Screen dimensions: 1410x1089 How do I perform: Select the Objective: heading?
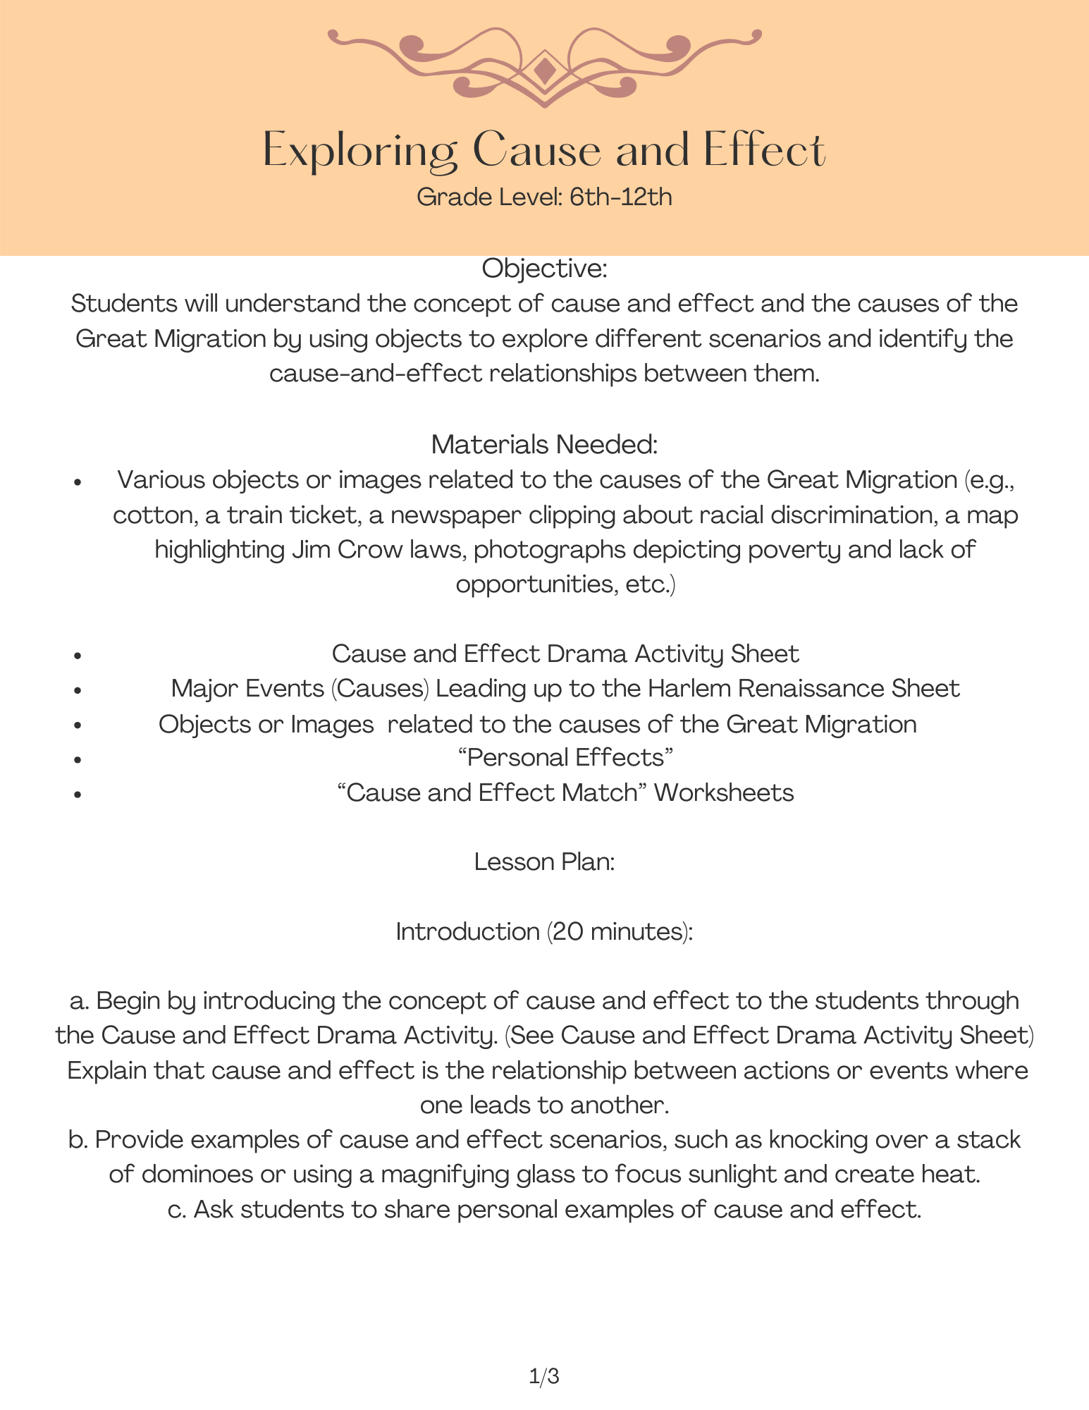pos(544,269)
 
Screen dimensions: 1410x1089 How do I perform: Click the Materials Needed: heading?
pos(544,444)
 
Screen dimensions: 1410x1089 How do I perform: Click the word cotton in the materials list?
pos(153,515)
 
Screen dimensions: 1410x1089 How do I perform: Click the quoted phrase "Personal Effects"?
pos(565,758)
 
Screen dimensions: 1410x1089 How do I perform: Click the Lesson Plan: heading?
pos(544,862)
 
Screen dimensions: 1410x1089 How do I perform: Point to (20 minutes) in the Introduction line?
pos(620,932)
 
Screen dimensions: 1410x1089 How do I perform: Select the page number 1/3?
pos(544,1376)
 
